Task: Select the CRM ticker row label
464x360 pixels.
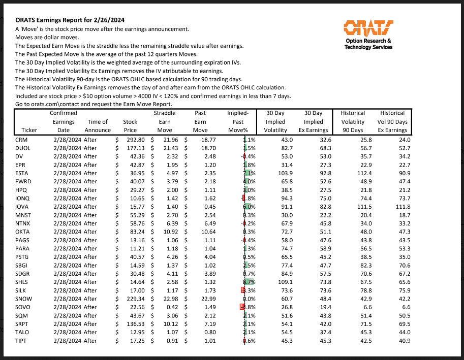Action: [21, 140]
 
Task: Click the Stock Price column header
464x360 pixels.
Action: [130, 126]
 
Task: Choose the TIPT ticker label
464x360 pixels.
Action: [22, 340]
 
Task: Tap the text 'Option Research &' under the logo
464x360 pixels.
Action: [368, 41]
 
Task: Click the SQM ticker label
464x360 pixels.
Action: [22, 315]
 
